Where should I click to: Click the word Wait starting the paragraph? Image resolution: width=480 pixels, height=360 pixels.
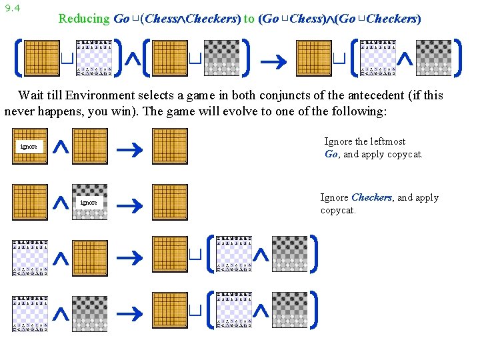tap(31, 95)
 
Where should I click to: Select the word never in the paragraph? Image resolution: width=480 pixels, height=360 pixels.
tap(19, 111)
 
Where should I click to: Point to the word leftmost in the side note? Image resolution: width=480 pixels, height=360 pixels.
tap(385, 141)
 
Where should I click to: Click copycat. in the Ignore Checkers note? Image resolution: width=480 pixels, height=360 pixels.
tap(338, 210)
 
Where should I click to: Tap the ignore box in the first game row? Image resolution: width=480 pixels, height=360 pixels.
tap(29, 147)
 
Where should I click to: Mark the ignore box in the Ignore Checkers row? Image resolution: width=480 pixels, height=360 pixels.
tap(89, 203)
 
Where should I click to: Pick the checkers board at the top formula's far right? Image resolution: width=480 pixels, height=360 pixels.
tap(433, 58)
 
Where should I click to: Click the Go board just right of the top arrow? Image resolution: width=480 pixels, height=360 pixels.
tap(314, 58)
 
